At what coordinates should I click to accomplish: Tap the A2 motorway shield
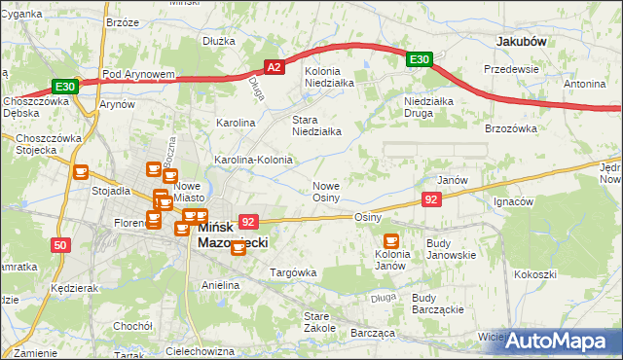[275, 67]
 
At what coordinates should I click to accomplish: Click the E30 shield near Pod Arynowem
[64, 86]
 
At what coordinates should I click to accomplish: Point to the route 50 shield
[60, 245]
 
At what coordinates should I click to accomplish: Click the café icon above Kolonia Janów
[391, 240]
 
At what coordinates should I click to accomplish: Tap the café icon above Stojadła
[81, 171]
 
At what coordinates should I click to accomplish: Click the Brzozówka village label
[511, 127]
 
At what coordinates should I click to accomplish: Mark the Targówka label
[293, 273]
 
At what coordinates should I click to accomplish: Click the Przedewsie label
[512, 69]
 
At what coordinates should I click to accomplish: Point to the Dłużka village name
[219, 41]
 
